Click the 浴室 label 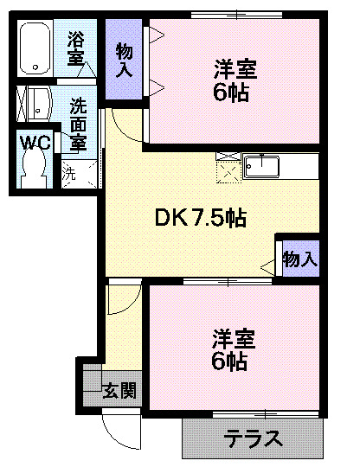(x=76, y=48)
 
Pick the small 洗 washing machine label (x=69, y=171)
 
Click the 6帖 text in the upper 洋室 (x=231, y=93)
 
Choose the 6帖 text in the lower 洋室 (x=231, y=361)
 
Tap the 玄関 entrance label (x=120, y=391)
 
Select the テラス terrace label (x=254, y=438)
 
